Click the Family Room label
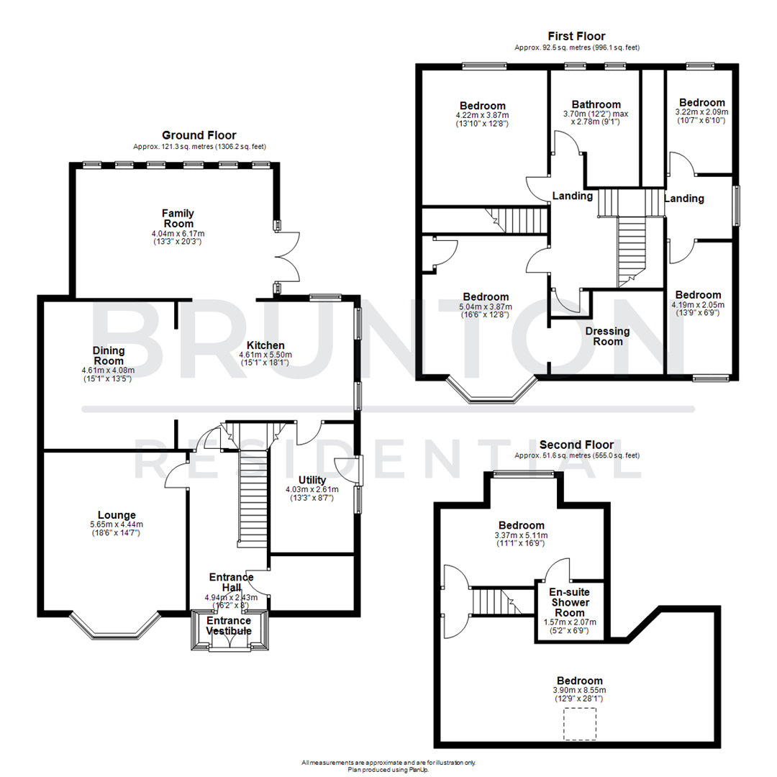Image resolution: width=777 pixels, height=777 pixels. click(178, 218)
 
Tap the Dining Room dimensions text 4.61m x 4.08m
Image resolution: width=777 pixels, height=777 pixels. click(108, 371)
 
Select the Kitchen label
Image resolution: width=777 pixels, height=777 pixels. click(267, 345)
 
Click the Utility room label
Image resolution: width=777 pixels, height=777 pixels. click(312, 480)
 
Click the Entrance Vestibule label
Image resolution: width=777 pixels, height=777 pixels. click(229, 626)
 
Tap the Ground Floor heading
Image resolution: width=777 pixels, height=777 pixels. click(199, 135)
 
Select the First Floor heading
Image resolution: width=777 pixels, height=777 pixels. click(576, 36)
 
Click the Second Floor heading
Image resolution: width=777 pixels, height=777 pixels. click(576, 445)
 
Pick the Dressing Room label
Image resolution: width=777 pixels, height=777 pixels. click(607, 336)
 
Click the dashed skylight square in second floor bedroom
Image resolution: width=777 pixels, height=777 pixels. click(579, 723)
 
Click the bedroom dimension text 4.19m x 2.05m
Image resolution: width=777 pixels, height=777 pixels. click(698, 304)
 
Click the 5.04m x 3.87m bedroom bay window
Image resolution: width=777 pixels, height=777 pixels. click(492, 394)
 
